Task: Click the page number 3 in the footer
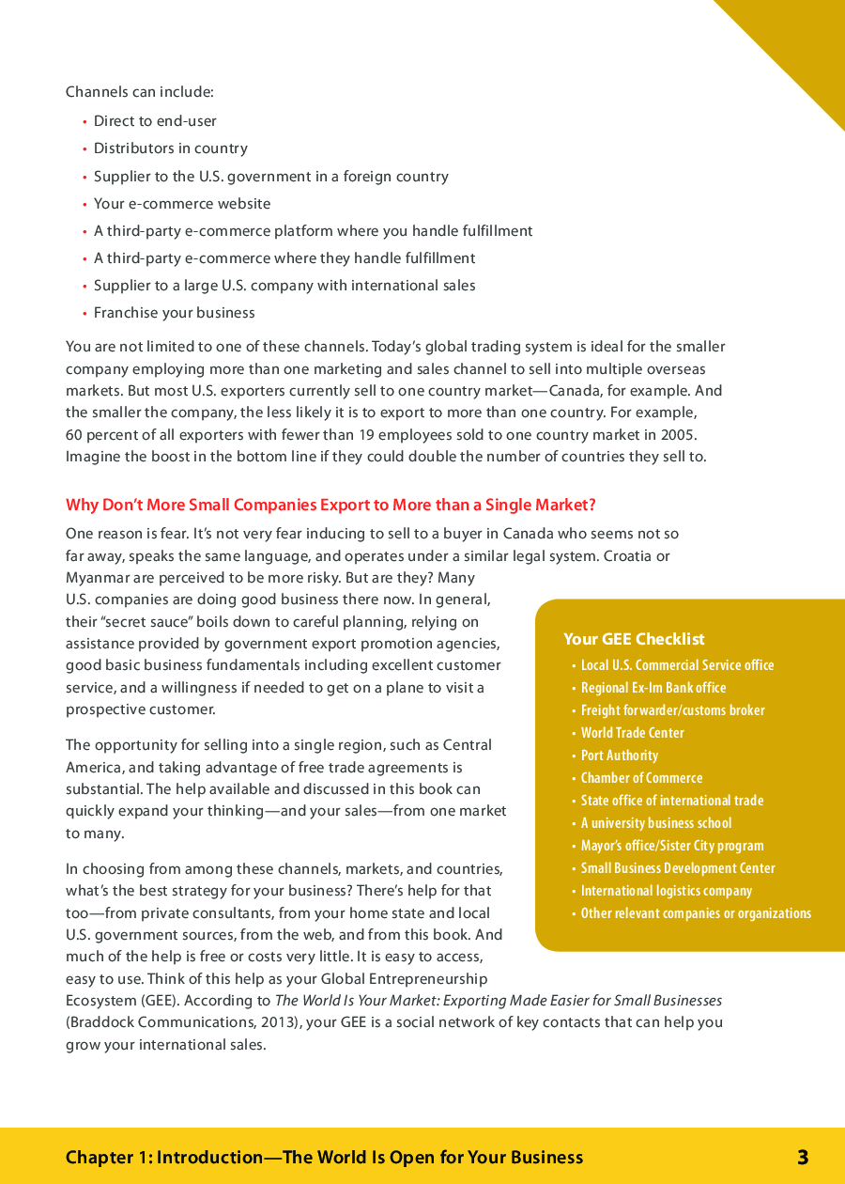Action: pos(803,1158)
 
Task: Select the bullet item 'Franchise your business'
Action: pos(174,313)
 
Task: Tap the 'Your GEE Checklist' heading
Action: pos(634,639)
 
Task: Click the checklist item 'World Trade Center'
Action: pos(632,733)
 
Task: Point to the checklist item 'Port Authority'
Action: pos(619,756)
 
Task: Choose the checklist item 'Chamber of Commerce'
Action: pos(641,778)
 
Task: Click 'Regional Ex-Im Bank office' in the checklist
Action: pos(653,688)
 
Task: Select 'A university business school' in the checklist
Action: pos(655,823)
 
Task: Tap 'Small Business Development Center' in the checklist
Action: pos(677,868)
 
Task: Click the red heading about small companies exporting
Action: pos(330,506)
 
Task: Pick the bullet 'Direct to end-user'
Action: pos(155,121)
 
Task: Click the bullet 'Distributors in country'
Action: pos(170,148)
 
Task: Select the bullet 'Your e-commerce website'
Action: pos(181,204)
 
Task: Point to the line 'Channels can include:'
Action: pos(140,92)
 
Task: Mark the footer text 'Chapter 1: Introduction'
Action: pos(163,1158)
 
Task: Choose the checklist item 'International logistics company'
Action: pos(666,891)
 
